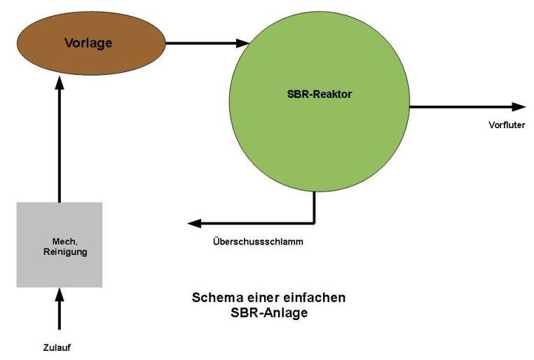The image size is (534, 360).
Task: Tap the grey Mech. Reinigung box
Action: click(59, 266)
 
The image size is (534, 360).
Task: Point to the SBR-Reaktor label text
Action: click(319, 95)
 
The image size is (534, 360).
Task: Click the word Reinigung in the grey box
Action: click(64, 251)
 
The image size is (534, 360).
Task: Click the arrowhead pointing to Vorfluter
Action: click(519, 106)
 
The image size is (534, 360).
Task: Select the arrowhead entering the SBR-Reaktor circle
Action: click(243, 43)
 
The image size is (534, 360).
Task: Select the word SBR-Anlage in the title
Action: click(269, 312)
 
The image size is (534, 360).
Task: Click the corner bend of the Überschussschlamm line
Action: click(315, 223)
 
